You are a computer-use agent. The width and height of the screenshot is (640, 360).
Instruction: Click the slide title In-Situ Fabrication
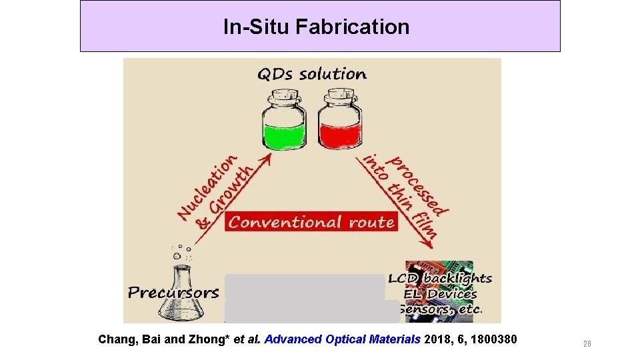pos(316,27)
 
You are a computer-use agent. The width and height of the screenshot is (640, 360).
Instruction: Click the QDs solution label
pos(312,73)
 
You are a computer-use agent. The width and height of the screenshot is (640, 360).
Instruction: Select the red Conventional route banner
pos(311,222)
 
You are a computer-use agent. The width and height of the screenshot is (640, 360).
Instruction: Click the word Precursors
pos(173,293)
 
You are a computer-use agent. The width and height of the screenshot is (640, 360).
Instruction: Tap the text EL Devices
pos(441,294)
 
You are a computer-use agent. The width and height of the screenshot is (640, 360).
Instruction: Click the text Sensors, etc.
pos(443,309)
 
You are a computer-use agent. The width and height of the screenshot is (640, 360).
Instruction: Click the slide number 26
pos(587,344)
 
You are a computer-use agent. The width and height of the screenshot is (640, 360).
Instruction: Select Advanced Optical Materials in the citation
pos(343,339)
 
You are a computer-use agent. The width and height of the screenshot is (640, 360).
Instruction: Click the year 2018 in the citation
pos(437,339)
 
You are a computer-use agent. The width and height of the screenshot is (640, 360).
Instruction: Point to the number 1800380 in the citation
pos(493,339)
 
